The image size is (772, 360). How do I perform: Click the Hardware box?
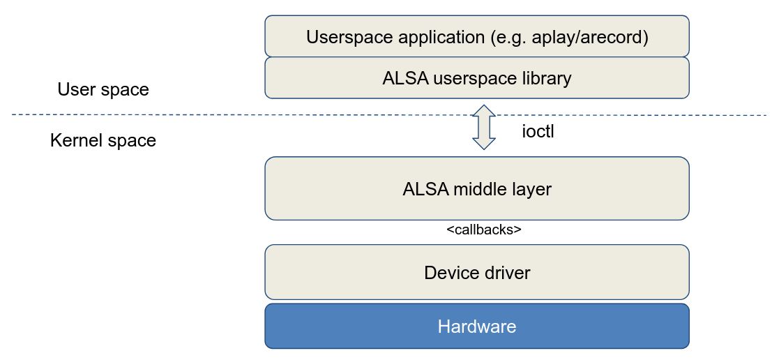click(x=477, y=326)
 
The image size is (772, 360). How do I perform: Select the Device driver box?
click(x=477, y=272)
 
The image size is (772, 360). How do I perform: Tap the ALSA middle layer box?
click(x=477, y=188)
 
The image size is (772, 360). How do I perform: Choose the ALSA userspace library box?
click(x=477, y=78)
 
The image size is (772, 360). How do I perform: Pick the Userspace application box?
click(x=477, y=36)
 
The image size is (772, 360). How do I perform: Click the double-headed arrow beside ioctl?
click(x=483, y=128)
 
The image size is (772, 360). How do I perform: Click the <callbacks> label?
click(x=483, y=229)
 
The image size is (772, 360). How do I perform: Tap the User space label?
click(x=103, y=89)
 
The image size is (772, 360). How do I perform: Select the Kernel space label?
click(x=103, y=140)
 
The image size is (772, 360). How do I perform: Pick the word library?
click(x=547, y=78)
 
